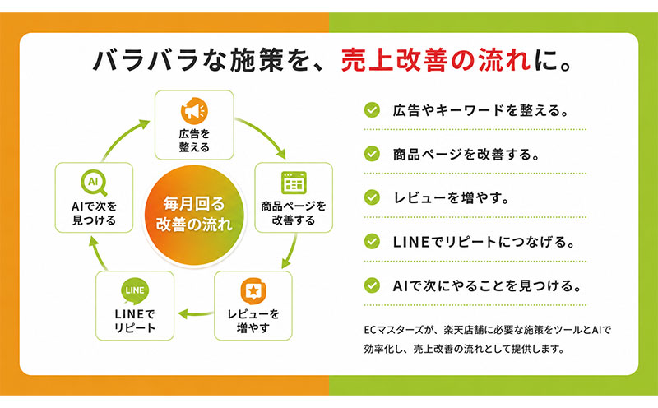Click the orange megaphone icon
[194, 111]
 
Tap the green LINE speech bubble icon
[135, 291]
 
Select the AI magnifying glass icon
[94, 183]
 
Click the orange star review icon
[253, 290]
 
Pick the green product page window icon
[294, 183]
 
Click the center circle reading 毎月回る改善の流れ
[194, 215]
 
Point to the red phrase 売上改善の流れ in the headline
[436, 61]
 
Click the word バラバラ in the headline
[146, 61]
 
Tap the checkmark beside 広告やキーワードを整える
[372, 110]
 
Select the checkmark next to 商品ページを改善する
[372, 154]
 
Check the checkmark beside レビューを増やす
[372, 197]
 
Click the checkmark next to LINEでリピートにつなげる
[372, 241]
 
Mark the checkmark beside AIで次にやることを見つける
[372, 285]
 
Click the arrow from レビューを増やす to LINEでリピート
[196, 313]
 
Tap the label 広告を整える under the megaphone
[194, 141]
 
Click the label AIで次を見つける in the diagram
[94, 213]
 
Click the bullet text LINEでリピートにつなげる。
[484, 242]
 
